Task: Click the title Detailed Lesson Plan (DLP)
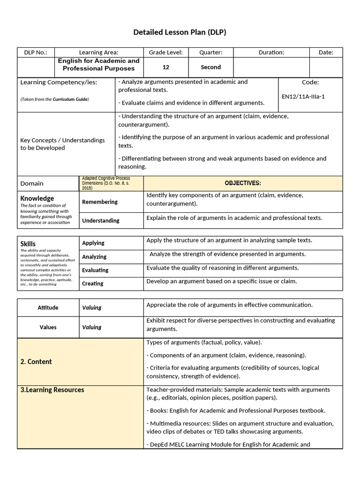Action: (x=180, y=32)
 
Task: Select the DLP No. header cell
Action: (x=36, y=52)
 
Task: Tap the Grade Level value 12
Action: (x=166, y=67)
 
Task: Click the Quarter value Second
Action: (x=210, y=67)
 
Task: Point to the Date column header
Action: (x=326, y=52)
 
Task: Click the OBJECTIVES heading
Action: (x=243, y=183)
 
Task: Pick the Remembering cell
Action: (x=100, y=202)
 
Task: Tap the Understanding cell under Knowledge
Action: (x=101, y=220)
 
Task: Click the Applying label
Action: (x=93, y=243)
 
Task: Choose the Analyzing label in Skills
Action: (x=94, y=256)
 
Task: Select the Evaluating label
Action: (x=95, y=270)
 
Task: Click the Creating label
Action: (x=93, y=284)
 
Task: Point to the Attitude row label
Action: (x=48, y=307)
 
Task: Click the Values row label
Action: (x=48, y=327)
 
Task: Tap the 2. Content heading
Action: (x=36, y=361)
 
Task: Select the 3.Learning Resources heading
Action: (x=52, y=390)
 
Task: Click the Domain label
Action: (x=32, y=183)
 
